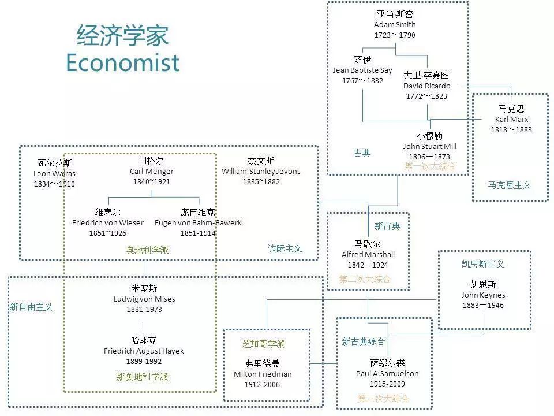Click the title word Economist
point(122,62)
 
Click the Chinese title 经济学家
point(122,35)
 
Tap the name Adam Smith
point(395,24)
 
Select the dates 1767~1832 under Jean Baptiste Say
point(362,81)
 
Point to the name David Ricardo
point(427,86)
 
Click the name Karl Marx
point(511,119)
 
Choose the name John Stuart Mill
point(429,146)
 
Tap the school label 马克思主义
point(509,185)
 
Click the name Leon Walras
point(54,174)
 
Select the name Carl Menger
point(152,172)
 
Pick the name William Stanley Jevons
point(261,172)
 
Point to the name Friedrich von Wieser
point(108,223)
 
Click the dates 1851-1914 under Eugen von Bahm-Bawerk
point(198,233)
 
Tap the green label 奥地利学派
point(147,250)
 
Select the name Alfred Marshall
point(368,255)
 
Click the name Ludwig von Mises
point(144,299)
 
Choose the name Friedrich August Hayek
point(144,351)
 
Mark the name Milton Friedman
point(263,374)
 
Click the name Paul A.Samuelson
point(387,374)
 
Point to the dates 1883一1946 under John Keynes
point(483,305)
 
